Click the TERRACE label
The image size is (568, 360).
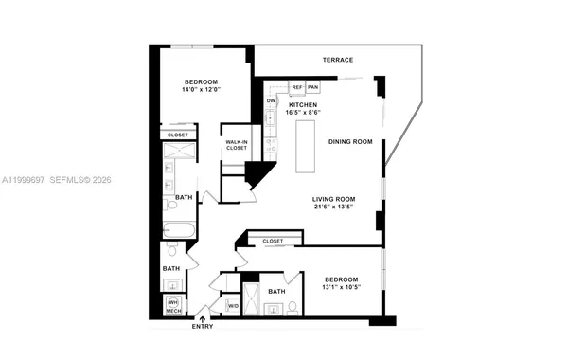[x=337, y=60]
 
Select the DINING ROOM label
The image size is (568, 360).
[x=350, y=141]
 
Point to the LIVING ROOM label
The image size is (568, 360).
[x=337, y=199]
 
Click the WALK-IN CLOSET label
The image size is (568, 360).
[x=236, y=146]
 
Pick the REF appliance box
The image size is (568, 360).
[x=296, y=87]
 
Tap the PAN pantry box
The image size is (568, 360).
[x=312, y=87]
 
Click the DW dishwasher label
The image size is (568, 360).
[x=271, y=100]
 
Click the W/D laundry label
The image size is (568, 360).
[x=233, y=306]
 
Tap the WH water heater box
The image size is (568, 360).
[x=172, y=301]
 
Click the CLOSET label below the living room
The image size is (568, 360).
[x=274, y=242]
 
